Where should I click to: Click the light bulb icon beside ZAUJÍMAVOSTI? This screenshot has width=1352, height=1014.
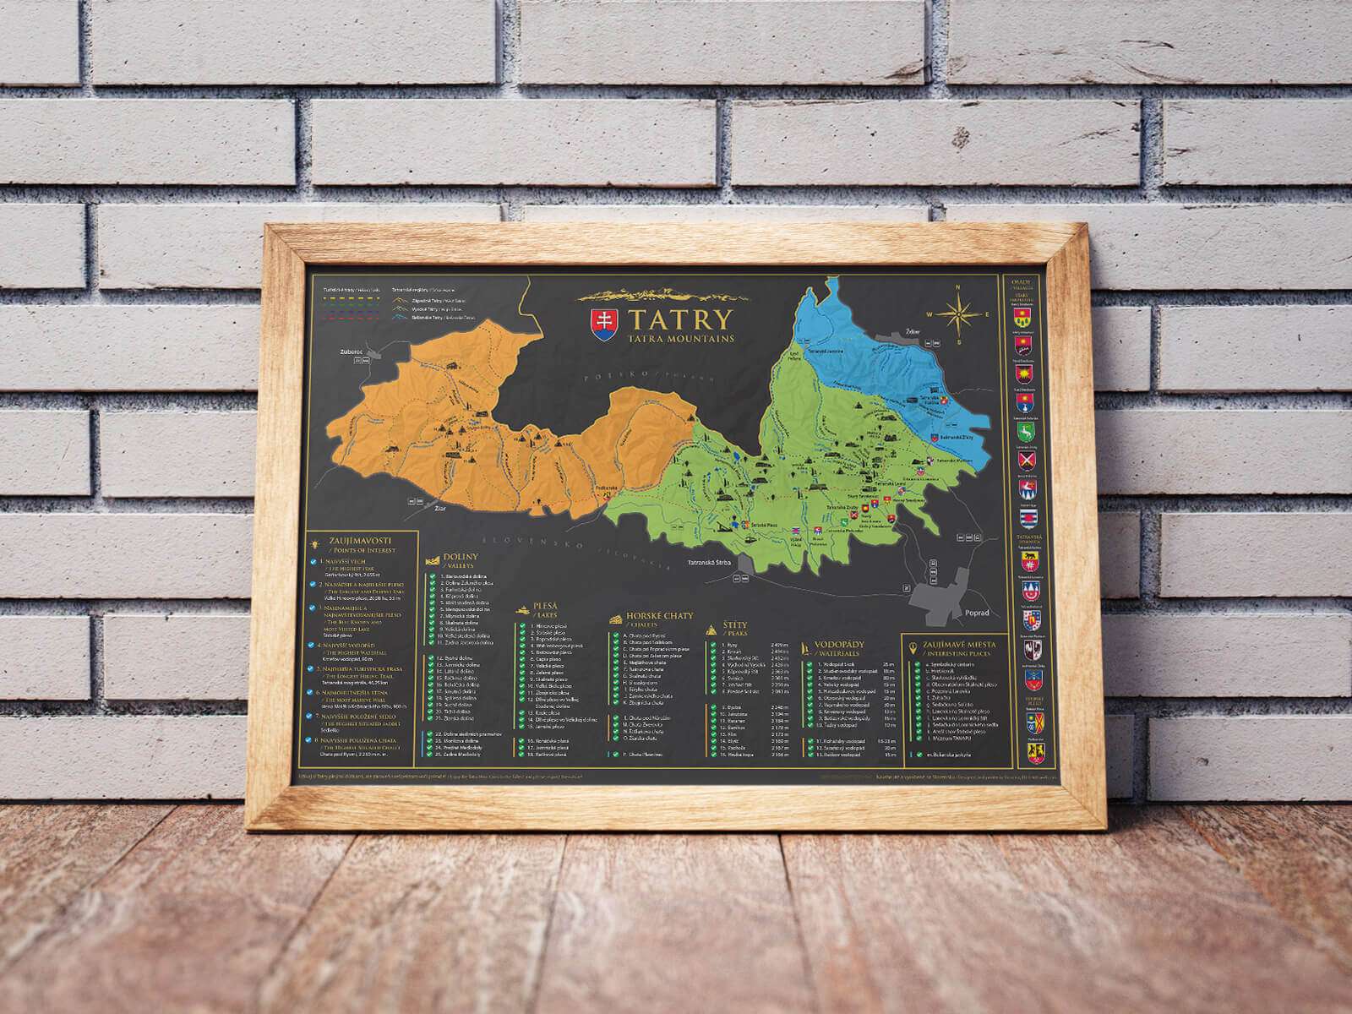click(x=315, y=539)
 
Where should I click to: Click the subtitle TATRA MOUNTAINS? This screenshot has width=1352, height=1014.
click(x=679, y=339)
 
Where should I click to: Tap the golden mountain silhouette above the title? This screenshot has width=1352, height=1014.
click(x=664, y=296)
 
